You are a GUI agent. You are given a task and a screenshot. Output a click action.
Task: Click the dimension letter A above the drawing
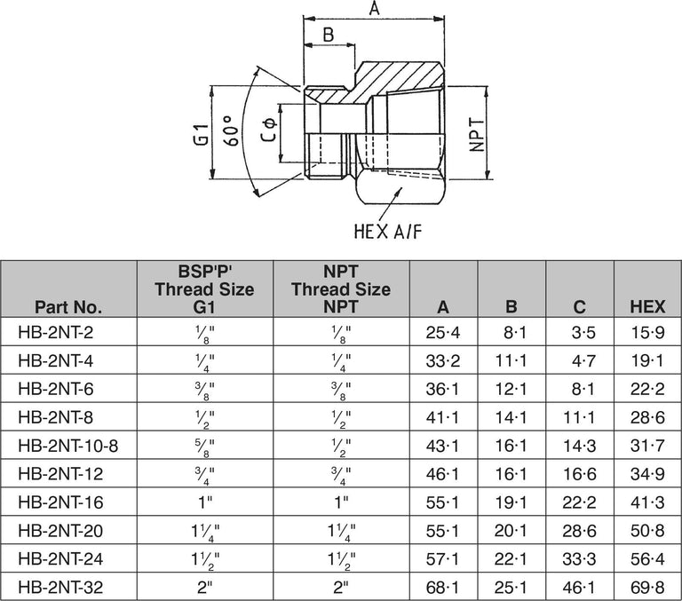[374, 9]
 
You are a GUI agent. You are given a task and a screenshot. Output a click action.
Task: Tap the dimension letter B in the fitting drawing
[328, 36]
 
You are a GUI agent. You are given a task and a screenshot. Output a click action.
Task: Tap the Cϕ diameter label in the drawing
[266, 135]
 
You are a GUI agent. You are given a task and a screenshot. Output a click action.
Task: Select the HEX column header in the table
[647, 308]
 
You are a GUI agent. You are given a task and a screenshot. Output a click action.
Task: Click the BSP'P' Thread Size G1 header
[204, 289]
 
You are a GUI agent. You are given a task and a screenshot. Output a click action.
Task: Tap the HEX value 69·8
[647, 588]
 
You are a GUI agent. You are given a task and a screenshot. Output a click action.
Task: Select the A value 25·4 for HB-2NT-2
[442, 332]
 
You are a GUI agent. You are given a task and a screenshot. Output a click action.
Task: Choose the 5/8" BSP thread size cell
[204, 446]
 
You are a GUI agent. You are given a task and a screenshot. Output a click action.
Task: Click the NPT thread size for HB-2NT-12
[340, 474]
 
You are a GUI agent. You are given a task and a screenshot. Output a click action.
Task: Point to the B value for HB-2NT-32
[511, 588]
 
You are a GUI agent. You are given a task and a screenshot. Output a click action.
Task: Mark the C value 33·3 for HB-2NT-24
[579, 559]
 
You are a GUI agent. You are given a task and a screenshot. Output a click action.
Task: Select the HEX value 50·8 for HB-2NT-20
[647, 531]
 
